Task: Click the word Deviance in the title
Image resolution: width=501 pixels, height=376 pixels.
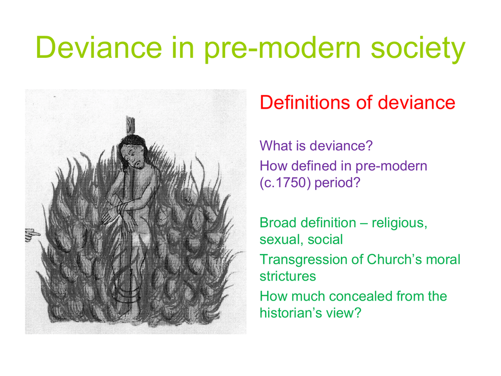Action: [x=99, y=47]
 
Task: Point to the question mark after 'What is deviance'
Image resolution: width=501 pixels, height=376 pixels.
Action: [x=369, y=146]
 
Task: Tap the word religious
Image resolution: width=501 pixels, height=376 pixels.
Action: [x=399, y=223]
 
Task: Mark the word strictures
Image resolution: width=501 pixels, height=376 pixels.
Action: [x=288, y=276]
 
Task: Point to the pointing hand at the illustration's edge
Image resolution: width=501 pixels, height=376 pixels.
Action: [x=32, y=235]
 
